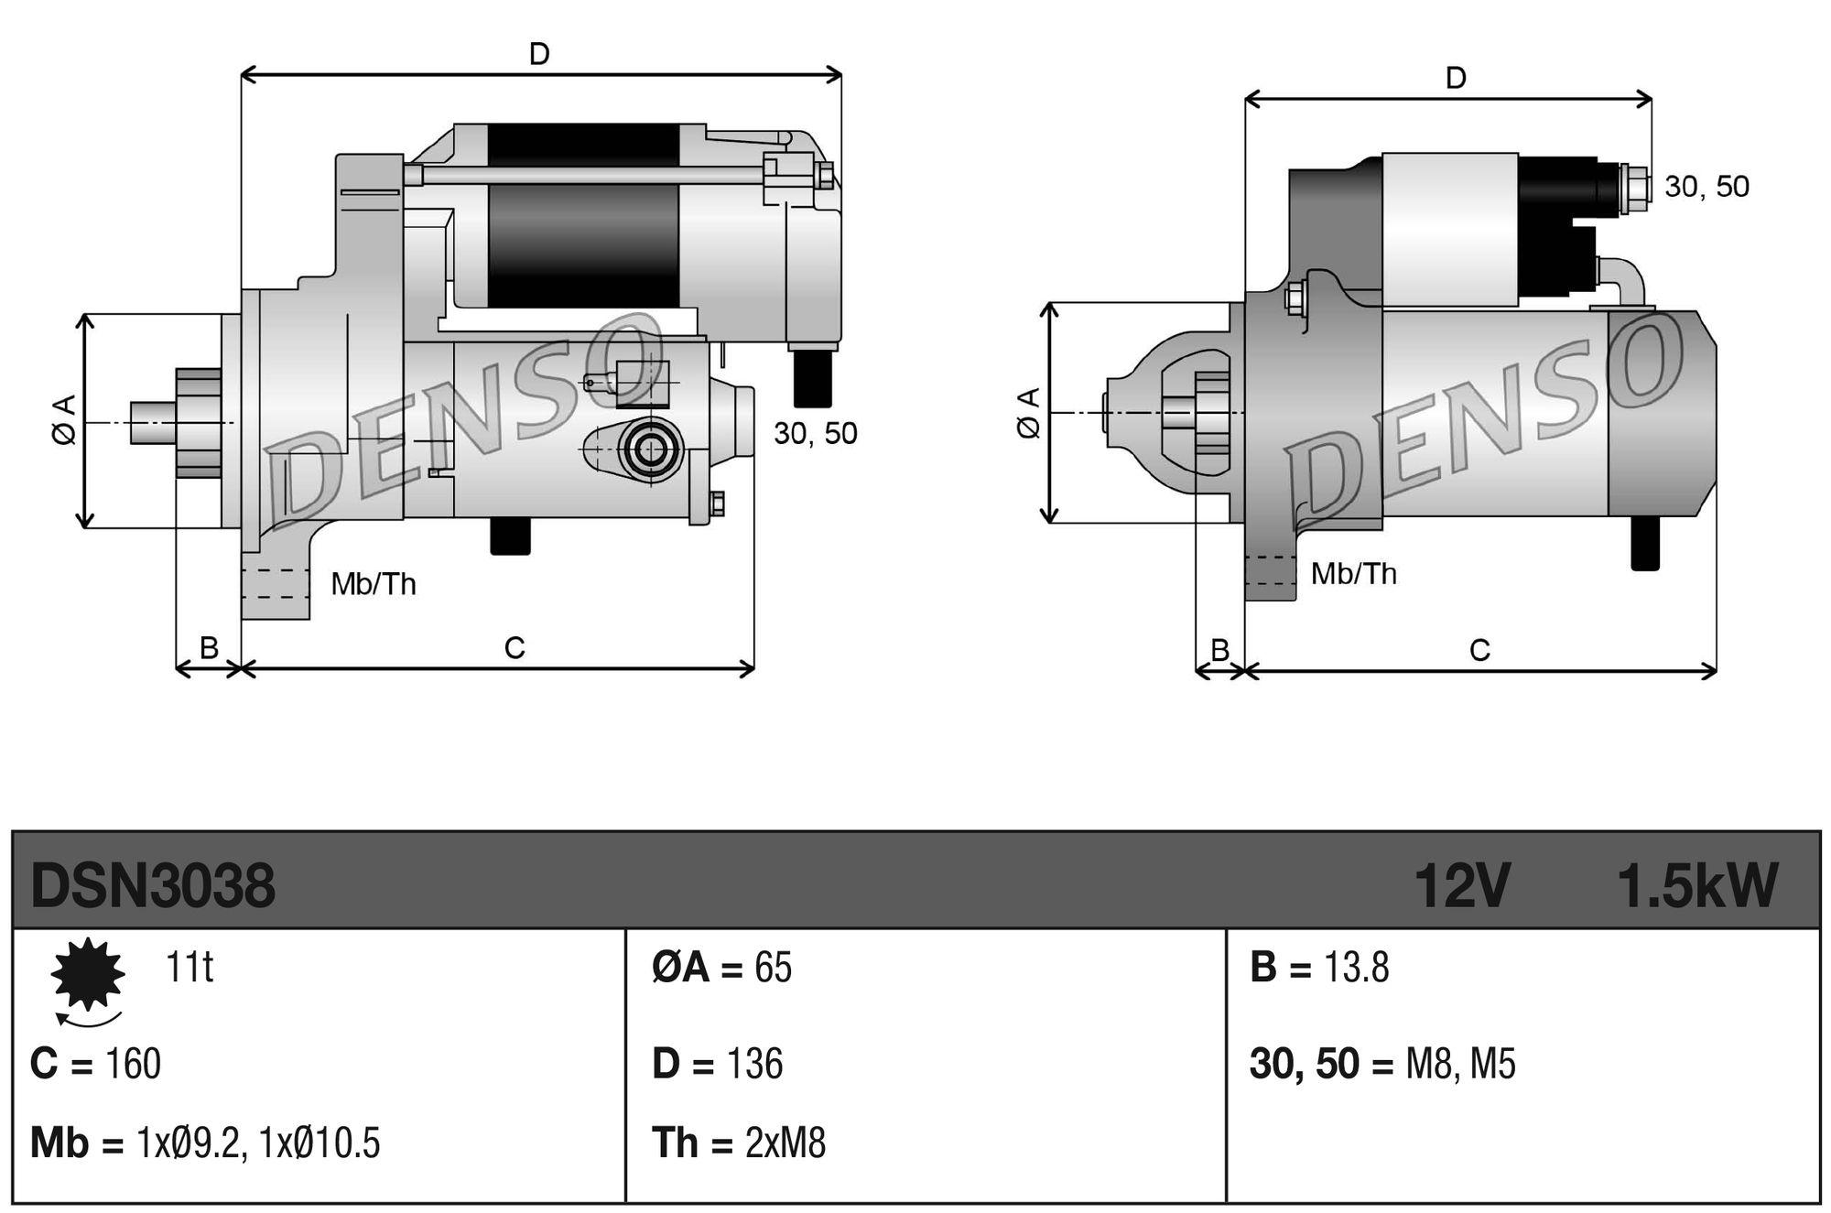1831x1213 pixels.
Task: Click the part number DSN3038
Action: coord(153,886)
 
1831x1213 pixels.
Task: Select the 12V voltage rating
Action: coord(1461,886)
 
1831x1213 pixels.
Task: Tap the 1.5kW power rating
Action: coord(1697,886)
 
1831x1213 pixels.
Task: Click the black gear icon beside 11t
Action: coord(87,974)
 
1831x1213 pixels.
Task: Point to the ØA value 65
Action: coord(773,968)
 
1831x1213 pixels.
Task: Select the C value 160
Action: coord(134,1064)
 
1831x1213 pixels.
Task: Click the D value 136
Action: coord(754,1064)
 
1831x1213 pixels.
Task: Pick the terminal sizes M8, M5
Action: coord(1460,1064)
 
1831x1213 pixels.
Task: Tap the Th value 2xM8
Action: coord(785,1143)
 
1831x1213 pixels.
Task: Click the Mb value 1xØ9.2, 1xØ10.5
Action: coord(258,1143)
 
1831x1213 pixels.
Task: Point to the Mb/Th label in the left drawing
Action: coord(374,583)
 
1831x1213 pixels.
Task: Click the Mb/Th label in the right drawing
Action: coord(1353,574)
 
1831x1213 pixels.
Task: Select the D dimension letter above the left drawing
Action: coord(539,55)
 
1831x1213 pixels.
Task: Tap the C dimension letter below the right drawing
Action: coord(1479,650)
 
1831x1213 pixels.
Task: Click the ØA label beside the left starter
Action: coord(64,420)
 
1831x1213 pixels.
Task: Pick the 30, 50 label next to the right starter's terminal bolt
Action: coord(1706,187)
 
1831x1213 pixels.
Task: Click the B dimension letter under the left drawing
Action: coord(209,648)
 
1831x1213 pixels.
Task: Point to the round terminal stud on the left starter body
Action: coord(652,449)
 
